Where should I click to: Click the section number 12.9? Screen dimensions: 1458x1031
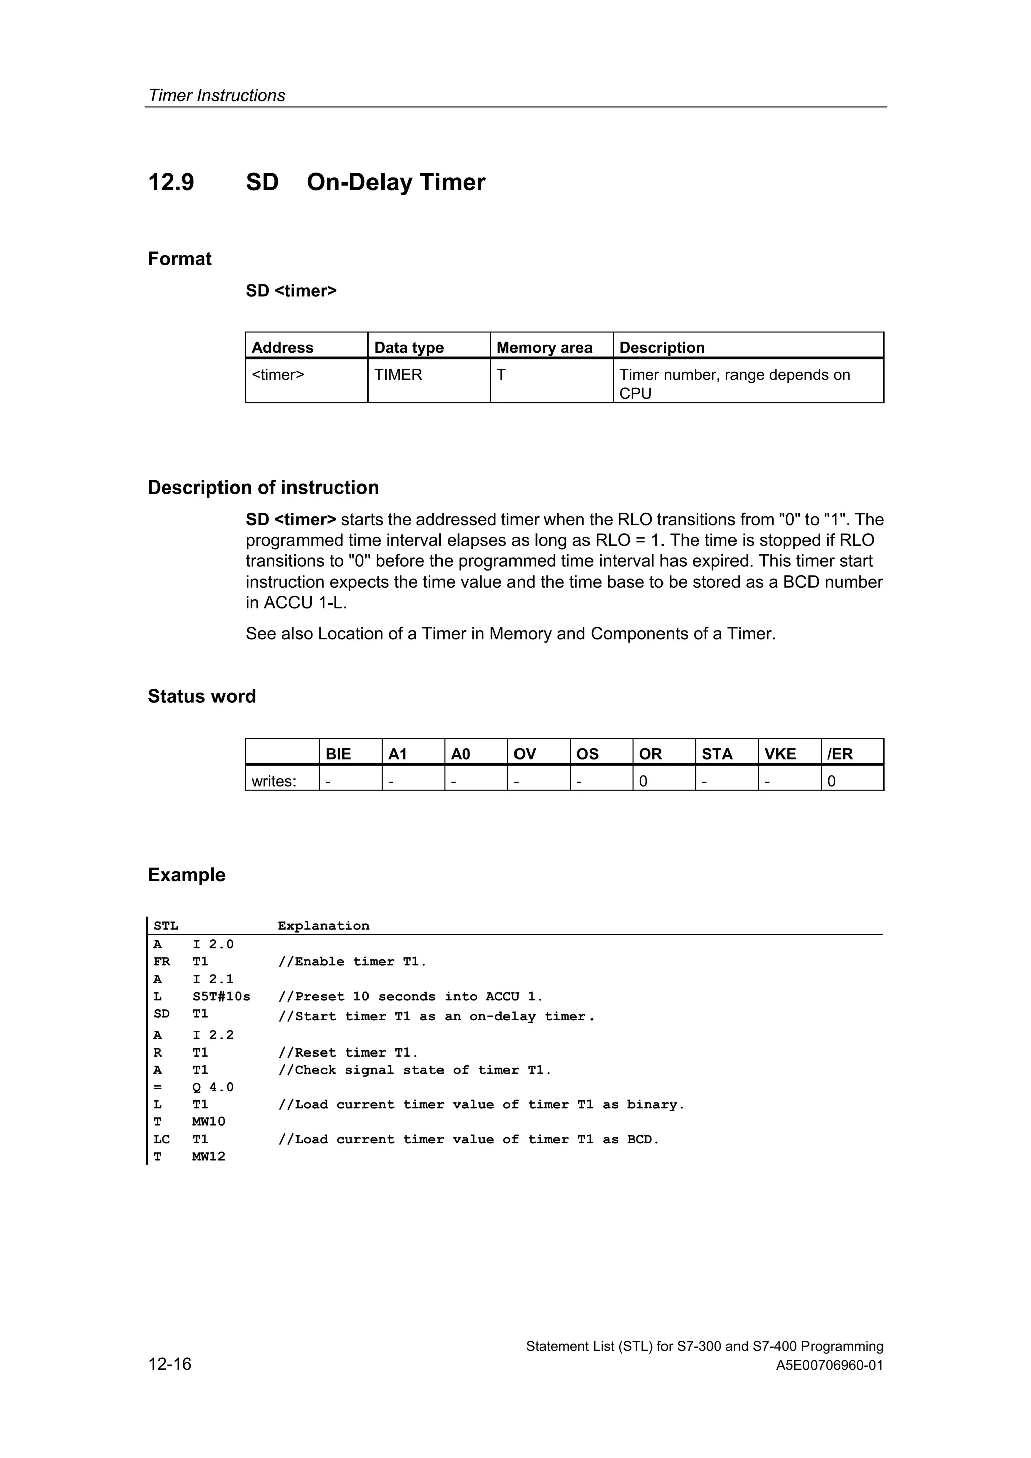pos(170,182)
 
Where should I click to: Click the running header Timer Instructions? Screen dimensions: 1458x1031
pos(216,95)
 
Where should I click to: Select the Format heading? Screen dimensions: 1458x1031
pos(179,259)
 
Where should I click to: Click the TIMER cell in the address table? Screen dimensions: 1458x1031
pos(398,375)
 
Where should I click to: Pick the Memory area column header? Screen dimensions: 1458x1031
pos(544,347)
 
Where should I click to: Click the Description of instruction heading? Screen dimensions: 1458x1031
pos(263,487)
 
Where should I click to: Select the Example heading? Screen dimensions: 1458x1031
pos(186,874)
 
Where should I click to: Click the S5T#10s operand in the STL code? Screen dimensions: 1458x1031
pos(221,996)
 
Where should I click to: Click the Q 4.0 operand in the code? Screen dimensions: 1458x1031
pos(213,1087)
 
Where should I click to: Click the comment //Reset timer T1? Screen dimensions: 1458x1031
pos(348,1053)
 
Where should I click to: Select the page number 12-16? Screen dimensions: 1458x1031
pos(169,1363)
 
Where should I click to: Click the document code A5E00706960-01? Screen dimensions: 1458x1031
pos(829,1365)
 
